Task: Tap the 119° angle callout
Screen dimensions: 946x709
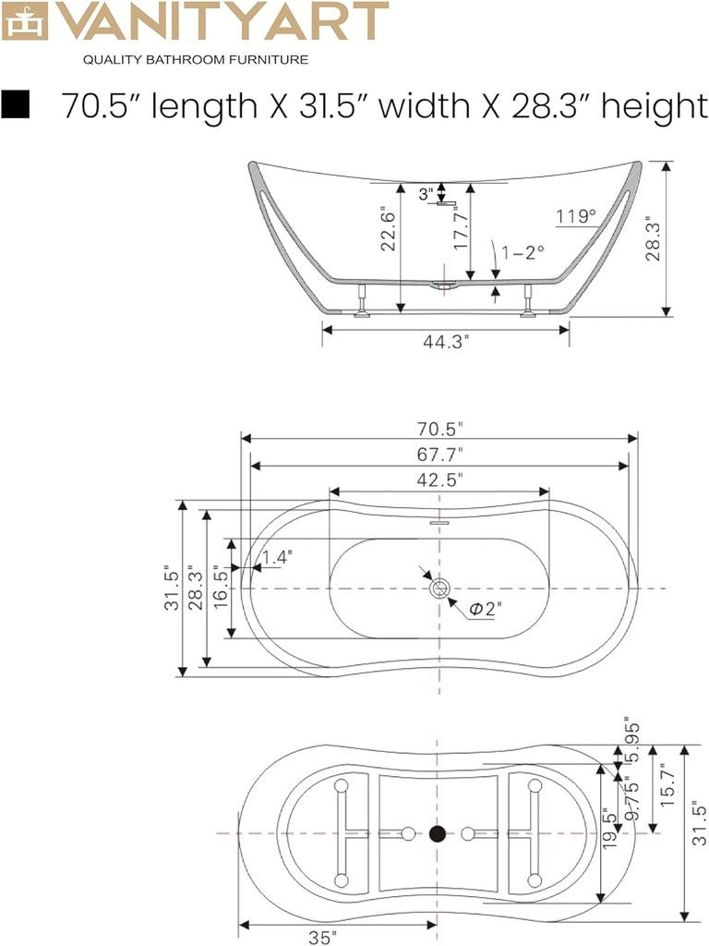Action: point(576,217)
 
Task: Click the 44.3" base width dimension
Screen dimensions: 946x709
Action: point(446,341)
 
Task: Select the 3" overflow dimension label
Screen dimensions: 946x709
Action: point(426,194)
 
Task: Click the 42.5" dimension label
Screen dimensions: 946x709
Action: point(439,479)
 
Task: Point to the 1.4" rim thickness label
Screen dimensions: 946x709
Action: point(276,557)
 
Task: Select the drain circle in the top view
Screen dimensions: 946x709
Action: point(439,588)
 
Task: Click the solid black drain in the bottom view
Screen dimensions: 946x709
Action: point(439,834)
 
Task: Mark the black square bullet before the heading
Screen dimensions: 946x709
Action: point(17,105)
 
